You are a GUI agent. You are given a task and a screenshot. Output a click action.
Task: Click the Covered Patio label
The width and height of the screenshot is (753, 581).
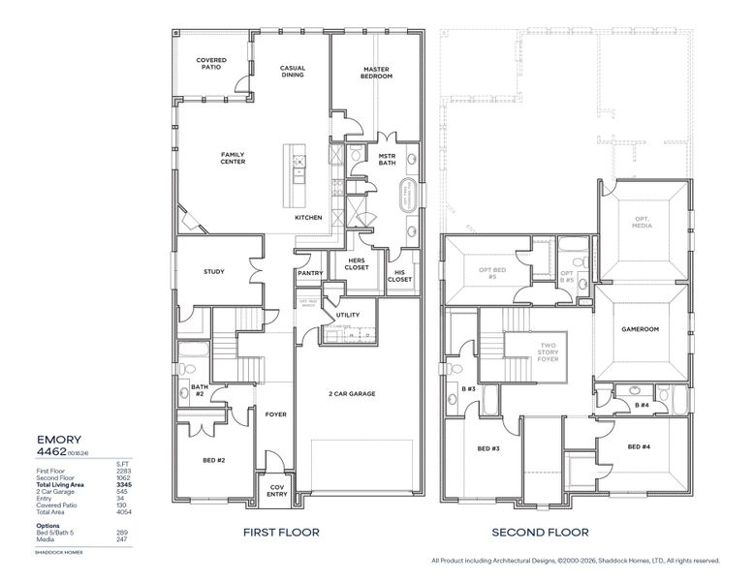point(211,63)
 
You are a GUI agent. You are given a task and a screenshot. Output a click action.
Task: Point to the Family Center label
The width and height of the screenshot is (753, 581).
point(233,158)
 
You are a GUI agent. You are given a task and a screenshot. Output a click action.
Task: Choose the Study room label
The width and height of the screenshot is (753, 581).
point(214,271)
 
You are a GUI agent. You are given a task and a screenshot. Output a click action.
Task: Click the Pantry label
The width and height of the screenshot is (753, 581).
point(310,273)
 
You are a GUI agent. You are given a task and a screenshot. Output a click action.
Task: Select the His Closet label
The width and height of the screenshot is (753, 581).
point(400,275)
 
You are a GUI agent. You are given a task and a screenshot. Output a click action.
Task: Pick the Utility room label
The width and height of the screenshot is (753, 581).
point(347,316)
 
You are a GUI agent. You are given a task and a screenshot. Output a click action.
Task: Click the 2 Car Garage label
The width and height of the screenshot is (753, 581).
point(352,394)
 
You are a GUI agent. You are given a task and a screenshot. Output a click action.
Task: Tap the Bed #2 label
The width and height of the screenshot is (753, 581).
point(214,460)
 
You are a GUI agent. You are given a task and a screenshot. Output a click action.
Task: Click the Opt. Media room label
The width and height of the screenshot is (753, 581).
point(642,222)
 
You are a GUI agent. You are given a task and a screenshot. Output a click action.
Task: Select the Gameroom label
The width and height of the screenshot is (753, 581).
point(640,329)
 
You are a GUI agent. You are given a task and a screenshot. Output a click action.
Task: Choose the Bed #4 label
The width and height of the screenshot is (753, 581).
point(639,446)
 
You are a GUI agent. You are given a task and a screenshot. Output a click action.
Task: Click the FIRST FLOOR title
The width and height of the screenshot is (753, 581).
point(282,532)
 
